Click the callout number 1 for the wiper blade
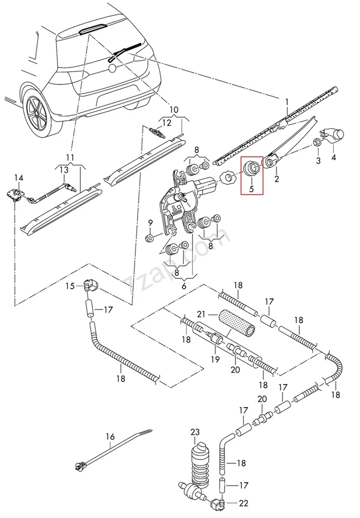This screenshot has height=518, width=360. [x=287, y=102]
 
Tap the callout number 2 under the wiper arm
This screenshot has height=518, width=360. [x=276, y=179]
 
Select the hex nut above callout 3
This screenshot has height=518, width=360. [x=317, y=142]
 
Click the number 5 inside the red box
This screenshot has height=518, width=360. [x=252, y=189]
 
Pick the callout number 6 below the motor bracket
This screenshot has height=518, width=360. [x=183, y=286]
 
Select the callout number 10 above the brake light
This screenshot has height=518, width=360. [x=174, y=109]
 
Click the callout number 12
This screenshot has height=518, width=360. [x=167, y=123]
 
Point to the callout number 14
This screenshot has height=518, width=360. [x=19, y=178]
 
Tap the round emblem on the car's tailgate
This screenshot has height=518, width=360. [x=112, y=68]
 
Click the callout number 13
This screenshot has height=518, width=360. [x=64, y=170]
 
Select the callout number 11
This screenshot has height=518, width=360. [x=70, y=158]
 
